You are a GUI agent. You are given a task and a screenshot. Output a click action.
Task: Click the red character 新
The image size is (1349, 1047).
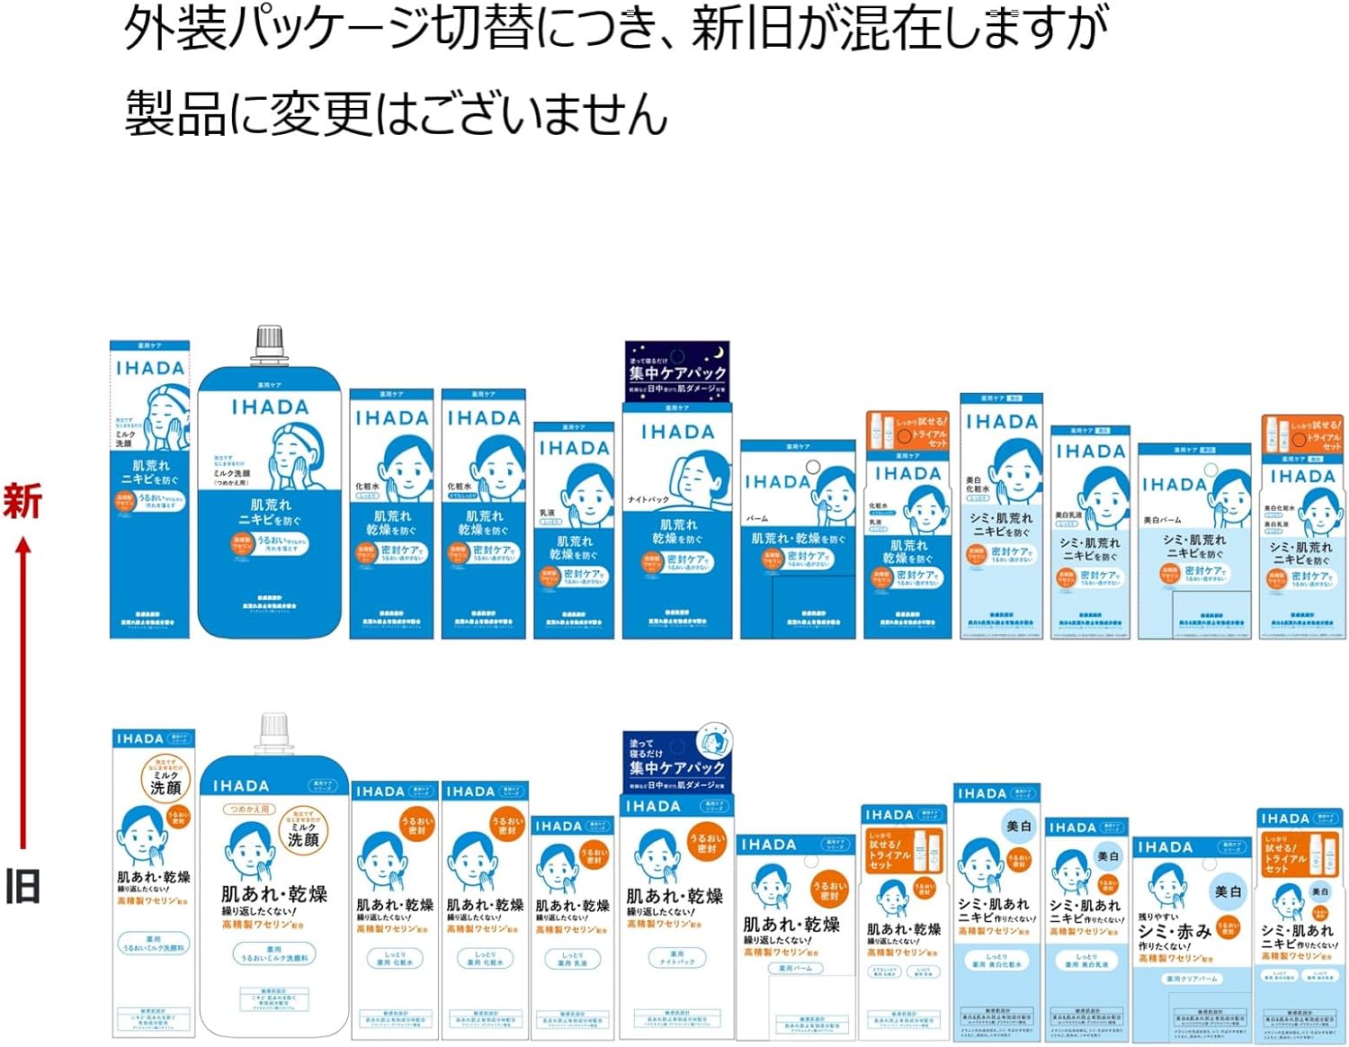[22, 501]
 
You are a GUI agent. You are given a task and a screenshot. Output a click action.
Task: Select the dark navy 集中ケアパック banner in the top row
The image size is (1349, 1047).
[676, 371]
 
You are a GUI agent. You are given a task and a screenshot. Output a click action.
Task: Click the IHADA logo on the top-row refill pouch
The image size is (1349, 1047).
[270, 407]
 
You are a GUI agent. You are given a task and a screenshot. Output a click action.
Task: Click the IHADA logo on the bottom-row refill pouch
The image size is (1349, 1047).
[241, 786]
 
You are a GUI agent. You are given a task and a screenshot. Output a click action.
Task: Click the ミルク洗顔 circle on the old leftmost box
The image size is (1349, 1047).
[165, 779]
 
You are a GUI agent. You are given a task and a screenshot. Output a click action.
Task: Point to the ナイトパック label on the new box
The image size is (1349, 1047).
[648, 499]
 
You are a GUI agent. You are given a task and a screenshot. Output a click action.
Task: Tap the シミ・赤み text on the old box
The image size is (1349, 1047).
[1175, 932]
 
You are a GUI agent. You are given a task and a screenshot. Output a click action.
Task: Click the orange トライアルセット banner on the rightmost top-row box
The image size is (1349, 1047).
[1303, 434]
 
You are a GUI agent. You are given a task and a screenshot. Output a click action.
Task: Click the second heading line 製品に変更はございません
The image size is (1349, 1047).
[396, 115]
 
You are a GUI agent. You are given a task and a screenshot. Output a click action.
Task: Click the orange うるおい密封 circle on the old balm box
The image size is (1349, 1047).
[828, 890]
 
